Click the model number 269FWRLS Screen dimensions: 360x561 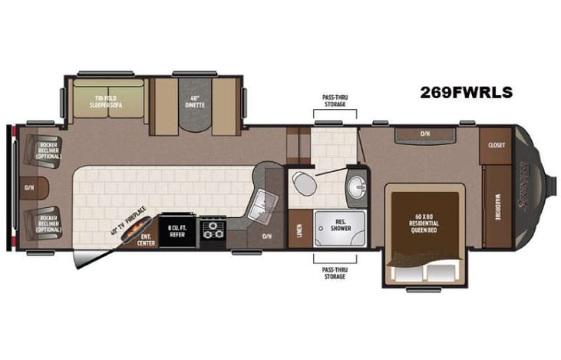click(466, 92)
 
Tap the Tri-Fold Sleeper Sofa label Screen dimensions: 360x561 click(108, 102)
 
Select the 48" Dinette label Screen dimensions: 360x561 click(194, 101)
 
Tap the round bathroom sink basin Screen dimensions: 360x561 click(355, 186)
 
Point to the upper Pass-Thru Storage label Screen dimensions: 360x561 click(335, 101)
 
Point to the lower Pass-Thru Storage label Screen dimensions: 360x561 click(335, 272)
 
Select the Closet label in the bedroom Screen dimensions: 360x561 click(494, 144)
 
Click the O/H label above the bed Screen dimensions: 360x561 click(424, 134)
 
